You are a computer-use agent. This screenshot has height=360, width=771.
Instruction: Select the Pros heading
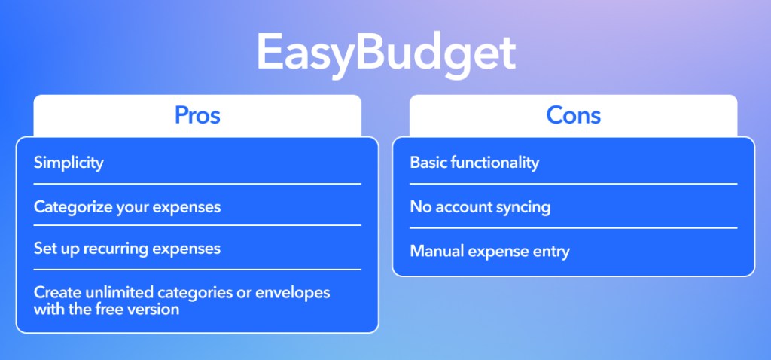coord(197,115)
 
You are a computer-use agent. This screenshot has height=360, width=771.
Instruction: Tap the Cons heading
coord(573,115)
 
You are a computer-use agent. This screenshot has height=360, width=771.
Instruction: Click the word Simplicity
coord(69,163)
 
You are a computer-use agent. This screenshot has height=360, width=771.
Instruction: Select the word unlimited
coord(120,293)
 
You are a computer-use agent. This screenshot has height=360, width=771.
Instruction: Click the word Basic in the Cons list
coord(426,163)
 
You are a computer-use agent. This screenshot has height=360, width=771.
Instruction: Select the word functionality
coord(492,163)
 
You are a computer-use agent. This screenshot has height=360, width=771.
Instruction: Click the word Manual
coord(437,252)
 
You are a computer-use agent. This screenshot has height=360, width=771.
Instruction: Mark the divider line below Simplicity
coord(197,184)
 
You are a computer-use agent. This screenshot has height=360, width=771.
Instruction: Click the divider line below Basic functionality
coord(573,184)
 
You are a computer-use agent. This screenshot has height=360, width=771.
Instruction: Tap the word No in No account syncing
coord(419,207)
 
